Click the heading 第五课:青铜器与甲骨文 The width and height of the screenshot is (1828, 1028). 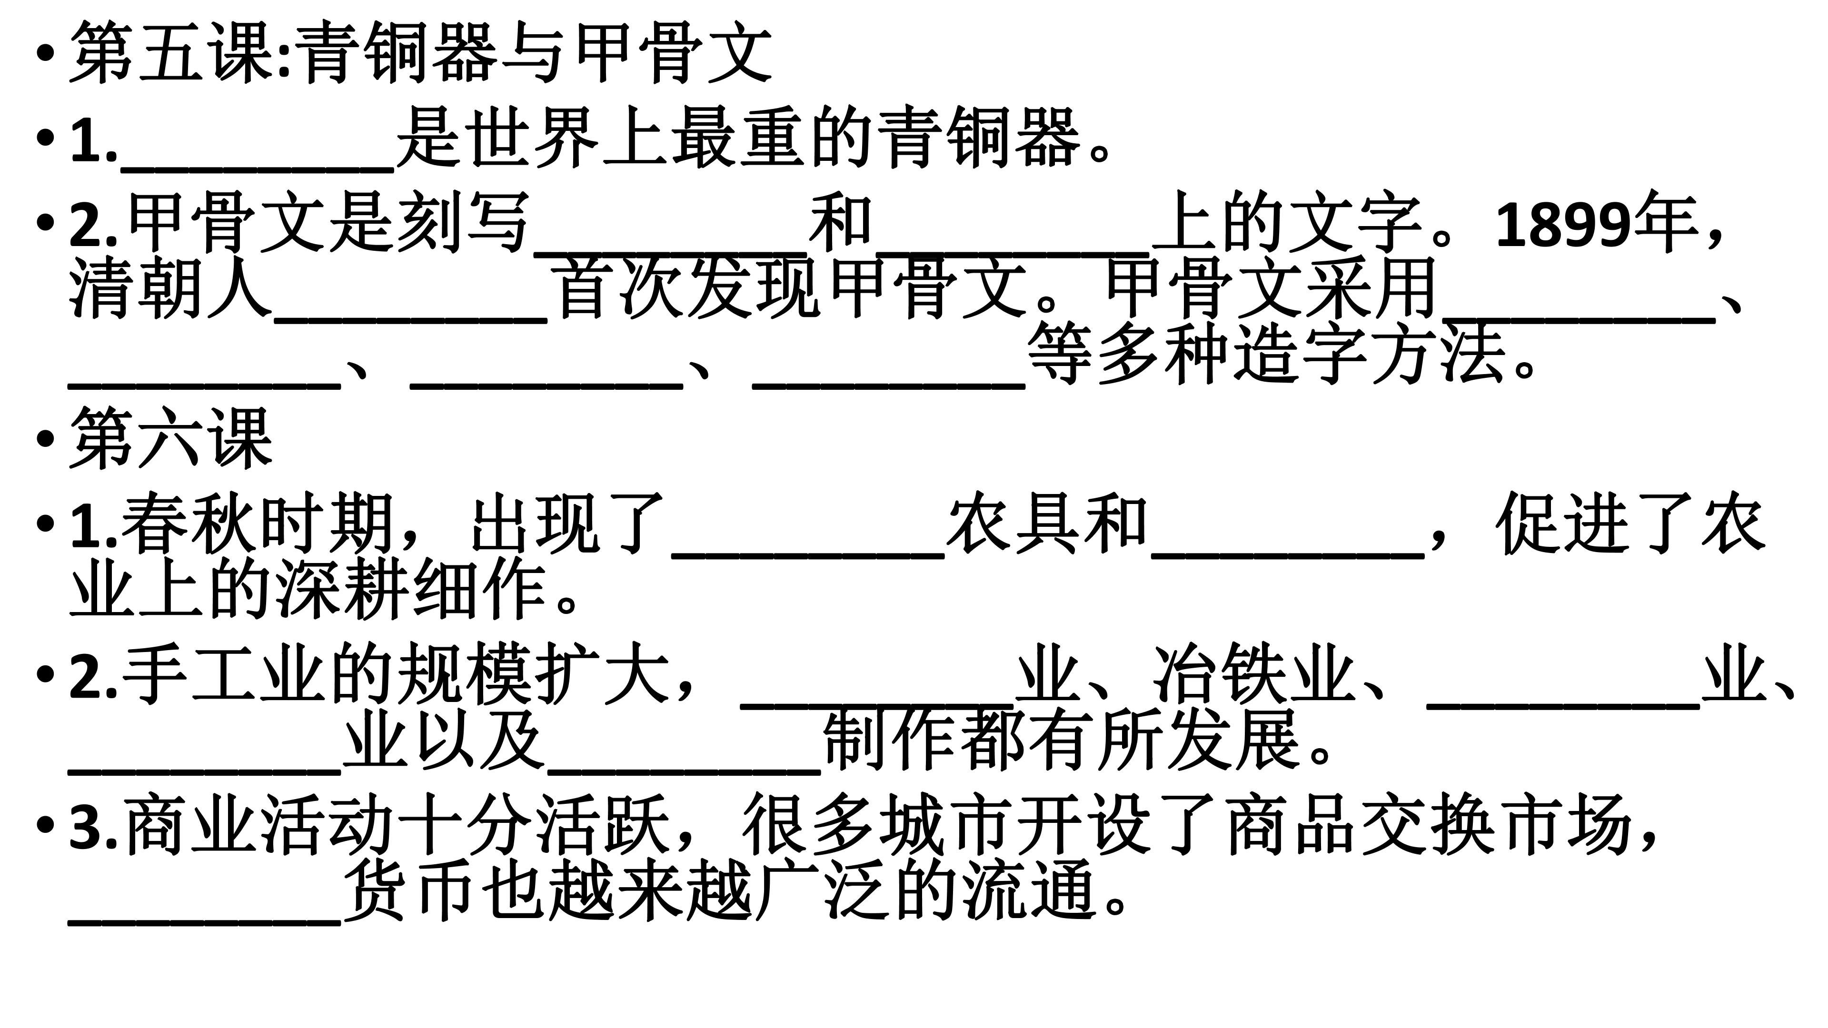420,52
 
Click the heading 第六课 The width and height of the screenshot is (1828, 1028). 171,438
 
